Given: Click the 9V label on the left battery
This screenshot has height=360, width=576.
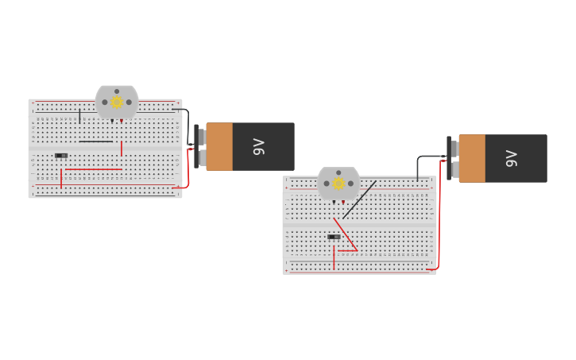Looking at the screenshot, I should (258, 146).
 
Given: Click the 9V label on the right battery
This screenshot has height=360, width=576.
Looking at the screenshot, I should (511, 158).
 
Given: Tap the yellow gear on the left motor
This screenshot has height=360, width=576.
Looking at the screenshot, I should (117, 102).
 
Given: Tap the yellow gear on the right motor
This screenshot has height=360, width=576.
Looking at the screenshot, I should (338, 184).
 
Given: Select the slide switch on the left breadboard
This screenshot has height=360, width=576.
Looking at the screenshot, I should (61, 155).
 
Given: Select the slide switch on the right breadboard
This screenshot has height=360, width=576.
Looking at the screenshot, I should (334, 237).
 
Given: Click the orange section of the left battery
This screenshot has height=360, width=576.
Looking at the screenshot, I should (219, 146).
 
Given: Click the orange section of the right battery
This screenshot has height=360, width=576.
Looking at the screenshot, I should (472, 158).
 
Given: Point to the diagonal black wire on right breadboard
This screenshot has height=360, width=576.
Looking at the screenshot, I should (360, 199).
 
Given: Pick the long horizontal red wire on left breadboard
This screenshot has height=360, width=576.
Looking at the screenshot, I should (93, 169).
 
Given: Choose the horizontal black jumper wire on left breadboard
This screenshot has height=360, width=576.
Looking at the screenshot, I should (95, 141).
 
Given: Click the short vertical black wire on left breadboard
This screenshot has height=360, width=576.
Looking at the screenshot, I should (79, 116).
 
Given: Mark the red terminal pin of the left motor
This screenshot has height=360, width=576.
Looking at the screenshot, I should (122, 121).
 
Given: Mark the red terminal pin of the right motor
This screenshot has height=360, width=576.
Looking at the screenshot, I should (343, 203).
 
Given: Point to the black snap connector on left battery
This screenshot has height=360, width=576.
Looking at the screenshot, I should (197, 146).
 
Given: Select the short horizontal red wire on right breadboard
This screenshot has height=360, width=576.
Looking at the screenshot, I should (346, 251).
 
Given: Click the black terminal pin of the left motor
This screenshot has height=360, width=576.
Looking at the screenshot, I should (112, 121).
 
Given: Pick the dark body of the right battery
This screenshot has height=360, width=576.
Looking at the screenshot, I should (516, 158).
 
